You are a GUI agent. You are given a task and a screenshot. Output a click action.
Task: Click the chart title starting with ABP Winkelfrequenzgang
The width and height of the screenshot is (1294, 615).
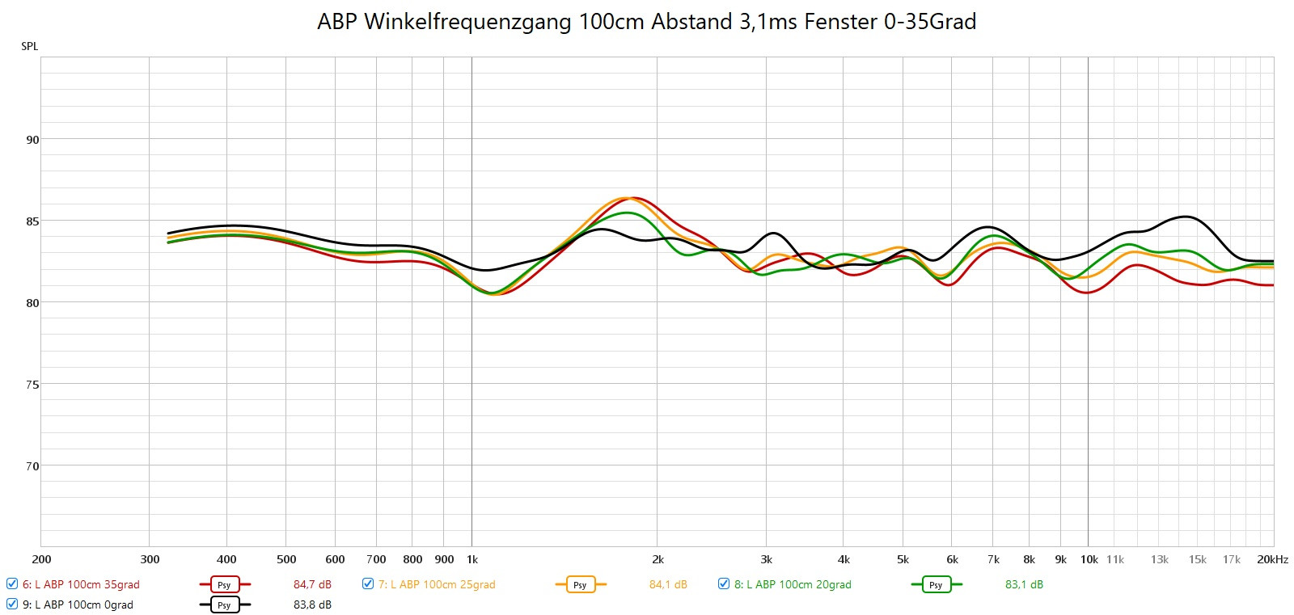[646, 22]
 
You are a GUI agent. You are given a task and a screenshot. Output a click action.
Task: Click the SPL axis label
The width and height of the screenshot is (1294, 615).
[30, 46]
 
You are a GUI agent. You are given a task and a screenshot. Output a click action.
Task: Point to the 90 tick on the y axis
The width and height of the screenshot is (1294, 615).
[32, 139]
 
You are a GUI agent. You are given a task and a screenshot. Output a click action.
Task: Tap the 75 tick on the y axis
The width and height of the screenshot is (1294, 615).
[32, 385]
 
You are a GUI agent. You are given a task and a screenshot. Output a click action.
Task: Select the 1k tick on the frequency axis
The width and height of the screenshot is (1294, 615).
[472, 559]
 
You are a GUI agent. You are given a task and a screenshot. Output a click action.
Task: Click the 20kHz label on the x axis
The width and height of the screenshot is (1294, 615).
[1272, 559]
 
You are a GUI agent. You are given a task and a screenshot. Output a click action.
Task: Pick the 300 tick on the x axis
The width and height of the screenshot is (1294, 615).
[150, 559]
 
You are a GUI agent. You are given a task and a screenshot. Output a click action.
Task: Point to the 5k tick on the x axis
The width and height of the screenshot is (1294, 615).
[903, 559]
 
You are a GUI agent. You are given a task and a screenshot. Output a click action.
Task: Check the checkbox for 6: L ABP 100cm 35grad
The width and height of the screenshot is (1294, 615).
[12, 583]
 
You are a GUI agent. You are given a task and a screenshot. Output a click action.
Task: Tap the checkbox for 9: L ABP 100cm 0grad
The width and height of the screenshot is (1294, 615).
[12, 604]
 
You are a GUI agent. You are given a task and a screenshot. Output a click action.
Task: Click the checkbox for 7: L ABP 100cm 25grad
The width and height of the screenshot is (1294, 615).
[368, 583]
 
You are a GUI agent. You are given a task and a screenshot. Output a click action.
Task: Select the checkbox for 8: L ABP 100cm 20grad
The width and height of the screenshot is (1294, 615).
[724, 583]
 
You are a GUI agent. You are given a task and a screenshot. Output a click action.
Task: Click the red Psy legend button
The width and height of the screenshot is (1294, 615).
[224, 584]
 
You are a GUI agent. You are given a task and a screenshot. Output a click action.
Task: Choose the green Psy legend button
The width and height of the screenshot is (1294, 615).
[936, 584]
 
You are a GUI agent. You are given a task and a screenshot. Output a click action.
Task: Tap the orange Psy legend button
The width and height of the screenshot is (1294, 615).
[580, 584]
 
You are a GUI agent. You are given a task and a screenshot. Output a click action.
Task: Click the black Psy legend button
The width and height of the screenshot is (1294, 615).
[224, 604]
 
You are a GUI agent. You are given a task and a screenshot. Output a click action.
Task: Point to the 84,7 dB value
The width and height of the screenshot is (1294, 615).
[312, 584]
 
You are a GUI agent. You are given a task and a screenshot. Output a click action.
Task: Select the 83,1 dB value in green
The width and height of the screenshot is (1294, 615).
[1024, 584]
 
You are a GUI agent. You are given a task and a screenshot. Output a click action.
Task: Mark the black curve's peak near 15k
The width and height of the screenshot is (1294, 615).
[1186, 217]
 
